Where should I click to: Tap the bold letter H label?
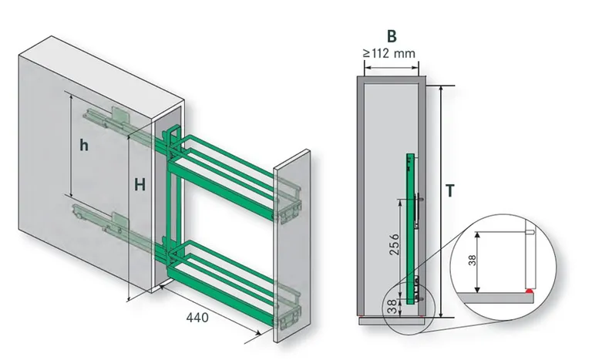point(139,184)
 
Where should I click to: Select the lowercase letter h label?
point(85,144)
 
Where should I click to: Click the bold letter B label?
point(391,35)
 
